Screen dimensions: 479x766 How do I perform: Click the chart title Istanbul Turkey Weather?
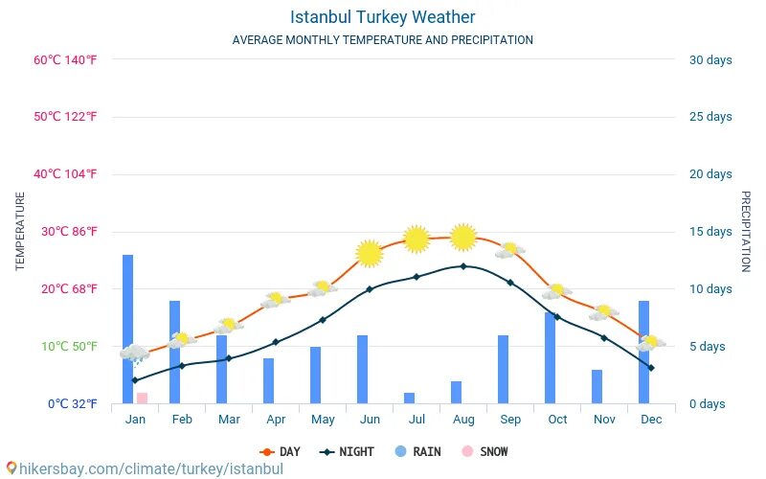pyautogui.click(x=382, y=17)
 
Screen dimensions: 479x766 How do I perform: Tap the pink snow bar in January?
pyautogui.click(x=142, y=398)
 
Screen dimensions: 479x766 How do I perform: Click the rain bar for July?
pyautogui.click(x=409, y=398)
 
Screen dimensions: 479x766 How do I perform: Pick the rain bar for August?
pyautogui.click(x=456, y=393)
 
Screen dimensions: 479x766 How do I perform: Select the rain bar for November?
pyautogui.click(x=597, y=386)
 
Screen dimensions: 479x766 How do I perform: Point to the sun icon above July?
pyautogui.click(x=416, y=239)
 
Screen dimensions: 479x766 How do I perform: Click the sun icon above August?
pyautogui.click(x=463, y=237)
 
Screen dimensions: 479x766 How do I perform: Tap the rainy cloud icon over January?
pyautogui.click(x=134, y=354)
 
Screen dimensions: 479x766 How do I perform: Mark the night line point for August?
pyautogui.click(x=463, y=266)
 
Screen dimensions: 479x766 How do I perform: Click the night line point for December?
pyautogui.click(x=651, y=368)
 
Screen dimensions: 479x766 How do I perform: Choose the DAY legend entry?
pyautogui.click(x=280, y=451)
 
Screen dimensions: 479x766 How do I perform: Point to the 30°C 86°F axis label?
pyautogui.click(x=65, y=231)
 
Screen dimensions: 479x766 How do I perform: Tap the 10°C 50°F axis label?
pyautogui.click(x=65, y=346)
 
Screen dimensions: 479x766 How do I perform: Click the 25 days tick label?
pyautogui.click(x=710, y=117)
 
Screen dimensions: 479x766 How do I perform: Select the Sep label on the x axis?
pyautogui.click(x=509, y=419)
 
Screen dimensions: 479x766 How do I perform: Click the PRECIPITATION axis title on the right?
pyautogui.click(x=745, y=231)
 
